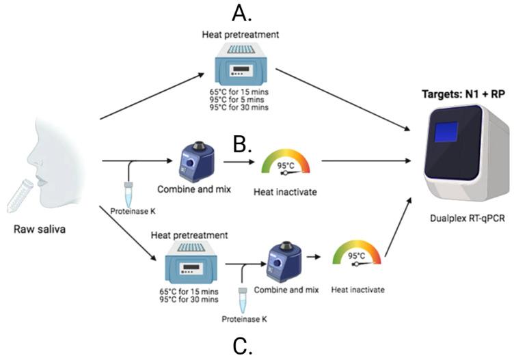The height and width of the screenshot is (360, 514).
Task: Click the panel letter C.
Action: pos(243,345)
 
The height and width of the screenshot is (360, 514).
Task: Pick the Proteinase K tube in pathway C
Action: pos(241,299)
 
